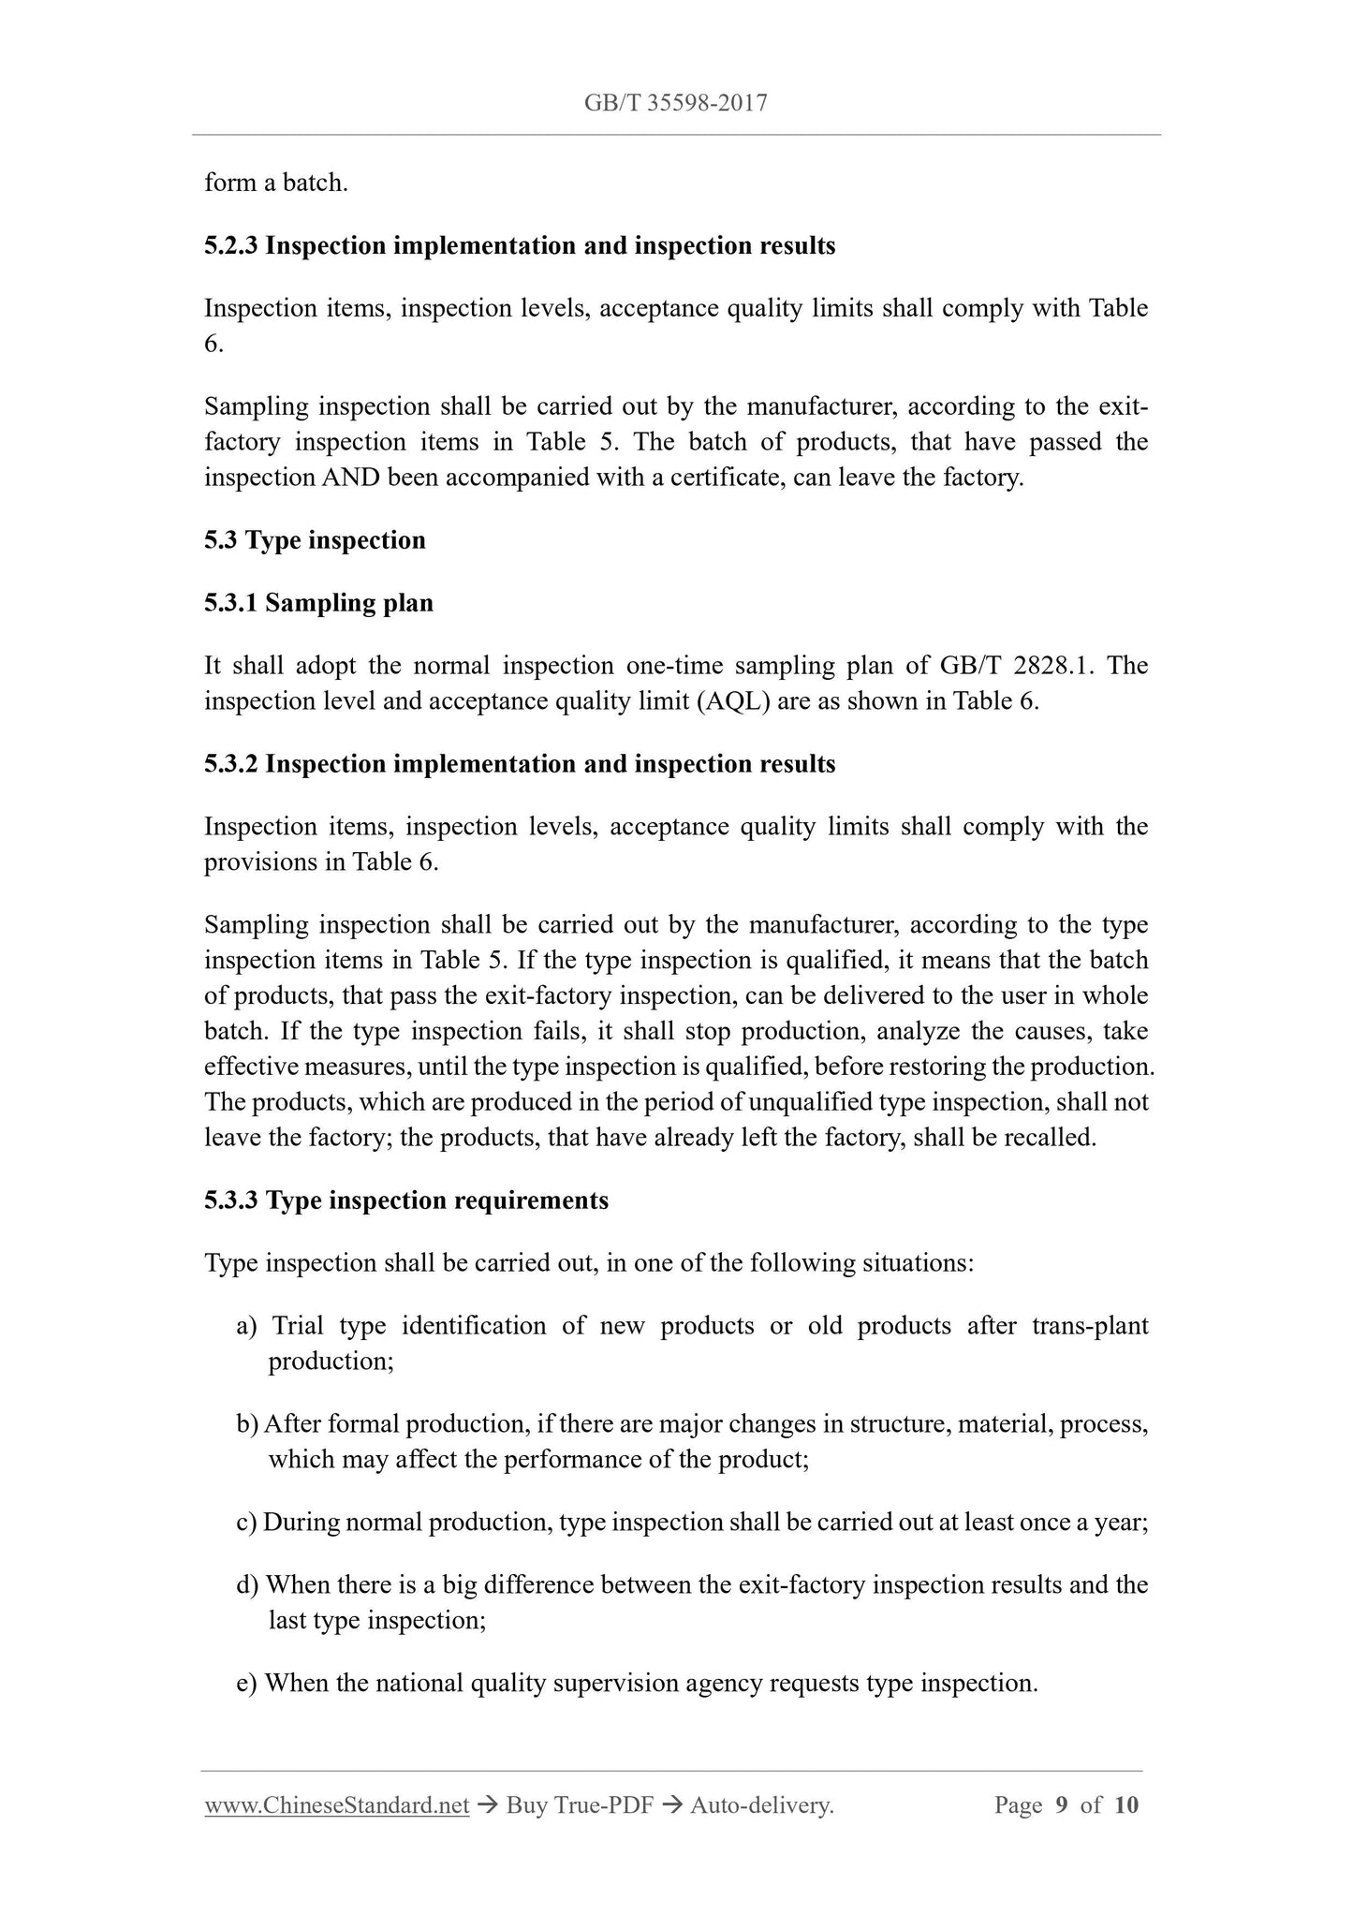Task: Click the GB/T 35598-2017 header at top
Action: [675, 103]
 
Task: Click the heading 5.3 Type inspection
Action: [315, 540]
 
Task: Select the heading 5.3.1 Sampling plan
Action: [318, 603]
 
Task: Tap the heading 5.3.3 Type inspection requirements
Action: [405, 1200]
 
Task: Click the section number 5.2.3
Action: [231, 245]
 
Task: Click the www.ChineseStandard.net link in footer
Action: [336, 1805]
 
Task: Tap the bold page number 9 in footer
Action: [1061, 1805]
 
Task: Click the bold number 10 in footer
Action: [1126, 1805]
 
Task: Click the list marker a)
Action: [246, 1326]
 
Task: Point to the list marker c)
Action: [246, 1523]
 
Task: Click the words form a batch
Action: [276, 183]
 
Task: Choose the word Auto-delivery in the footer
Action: [760, 1805]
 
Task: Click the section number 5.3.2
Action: [231, 764]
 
